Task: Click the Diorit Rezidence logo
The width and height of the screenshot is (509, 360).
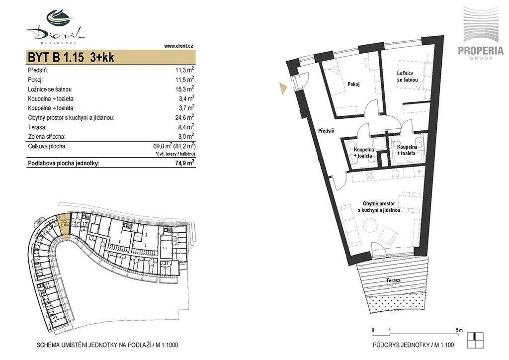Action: (x=56, y=27)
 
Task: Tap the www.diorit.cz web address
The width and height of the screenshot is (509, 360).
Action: (x=178, y=46)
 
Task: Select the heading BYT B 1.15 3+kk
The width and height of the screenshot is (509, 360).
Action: (x=71, y=58)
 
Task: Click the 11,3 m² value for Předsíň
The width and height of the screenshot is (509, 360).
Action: (x=185, y=70)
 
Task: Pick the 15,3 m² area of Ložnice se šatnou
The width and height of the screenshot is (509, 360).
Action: (x=185, y=89)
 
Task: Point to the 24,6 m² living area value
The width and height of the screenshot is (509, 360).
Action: (x=185, y=117)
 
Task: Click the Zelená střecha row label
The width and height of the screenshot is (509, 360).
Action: (x=49, y=137)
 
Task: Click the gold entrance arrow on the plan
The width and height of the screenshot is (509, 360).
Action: (x=283, y=88)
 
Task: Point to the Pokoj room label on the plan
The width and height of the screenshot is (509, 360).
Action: (x=353, y=85)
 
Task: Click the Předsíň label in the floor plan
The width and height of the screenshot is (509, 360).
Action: (x=326, y=131)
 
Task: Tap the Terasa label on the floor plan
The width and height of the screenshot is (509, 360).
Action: (x=393, y=280)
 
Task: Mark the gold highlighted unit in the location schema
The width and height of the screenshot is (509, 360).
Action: (x=64, y=224)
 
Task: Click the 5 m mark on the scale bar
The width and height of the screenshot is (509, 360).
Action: (x=459, y=330)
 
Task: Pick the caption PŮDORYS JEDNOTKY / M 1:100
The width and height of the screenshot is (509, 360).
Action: (x=413, y=345)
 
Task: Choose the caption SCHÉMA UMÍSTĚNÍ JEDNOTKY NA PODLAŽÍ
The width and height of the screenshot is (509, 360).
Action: (x=94, y=345)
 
